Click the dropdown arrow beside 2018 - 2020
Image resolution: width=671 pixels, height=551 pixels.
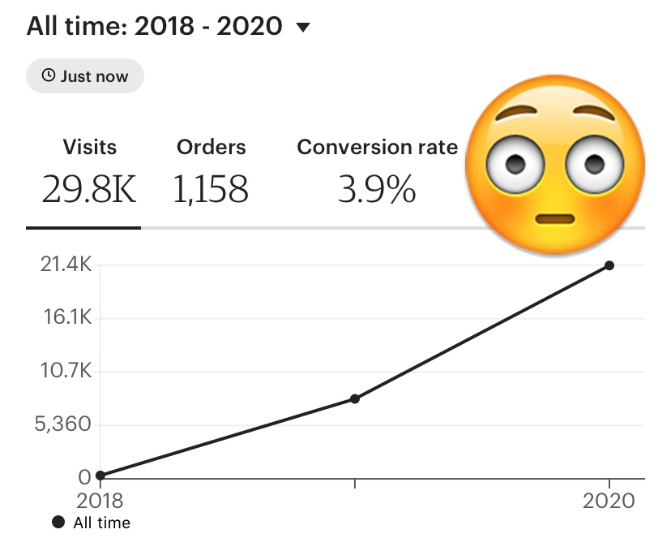[x=304, y=28]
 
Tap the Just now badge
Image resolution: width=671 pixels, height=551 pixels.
[x=85, y=76]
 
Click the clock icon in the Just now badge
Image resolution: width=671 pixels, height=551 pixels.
[x=49, y=76]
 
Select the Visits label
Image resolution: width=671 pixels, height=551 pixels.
[x=89, y=147]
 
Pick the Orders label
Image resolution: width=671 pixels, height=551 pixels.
[x=211, y=147]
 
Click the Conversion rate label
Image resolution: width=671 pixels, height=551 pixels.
[x=377, y=147]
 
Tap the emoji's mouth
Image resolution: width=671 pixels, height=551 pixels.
[x=554, y=219]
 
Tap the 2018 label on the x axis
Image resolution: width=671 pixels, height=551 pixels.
[x=99, y=501]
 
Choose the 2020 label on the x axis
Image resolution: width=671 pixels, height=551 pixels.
[x=609, y=501]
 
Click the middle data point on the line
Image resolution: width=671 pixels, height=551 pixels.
[x=355, y=398]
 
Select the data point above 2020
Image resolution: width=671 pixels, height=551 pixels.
[x=609, y=265]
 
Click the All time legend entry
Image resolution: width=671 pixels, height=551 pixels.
[x=91, y=523]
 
